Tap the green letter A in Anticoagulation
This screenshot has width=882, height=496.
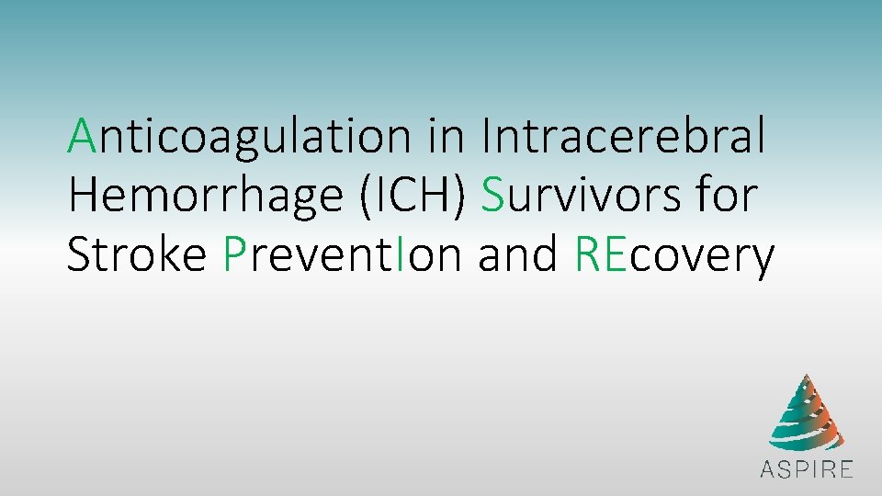coord(81,136)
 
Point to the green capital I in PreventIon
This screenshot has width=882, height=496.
coord(401,254)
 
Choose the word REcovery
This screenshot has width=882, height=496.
coord(674,255)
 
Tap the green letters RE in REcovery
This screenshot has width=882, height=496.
coord(602,255)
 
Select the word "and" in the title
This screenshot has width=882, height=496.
coord(519,254)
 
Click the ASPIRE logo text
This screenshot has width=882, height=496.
coord(806,469)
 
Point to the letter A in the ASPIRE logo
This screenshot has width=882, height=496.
coord(768,469)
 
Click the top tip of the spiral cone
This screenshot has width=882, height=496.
coord(805,377)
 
